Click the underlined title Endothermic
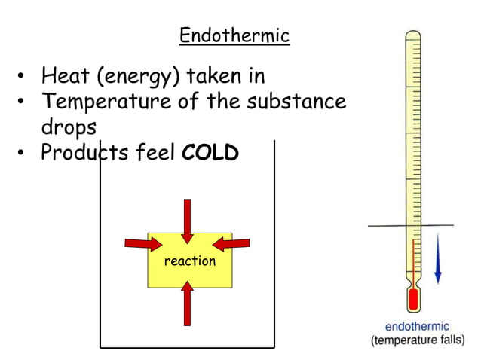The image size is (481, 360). click(234, 35)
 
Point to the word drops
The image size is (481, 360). click(69, 128)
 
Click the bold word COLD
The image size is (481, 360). click(210, 153)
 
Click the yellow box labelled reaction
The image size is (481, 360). click(189, 261)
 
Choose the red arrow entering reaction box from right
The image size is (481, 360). click(231, 243)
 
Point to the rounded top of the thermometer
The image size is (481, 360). click(412, 35)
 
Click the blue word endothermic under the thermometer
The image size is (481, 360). click(417, 327)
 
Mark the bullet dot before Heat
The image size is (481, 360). click(23, 78)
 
